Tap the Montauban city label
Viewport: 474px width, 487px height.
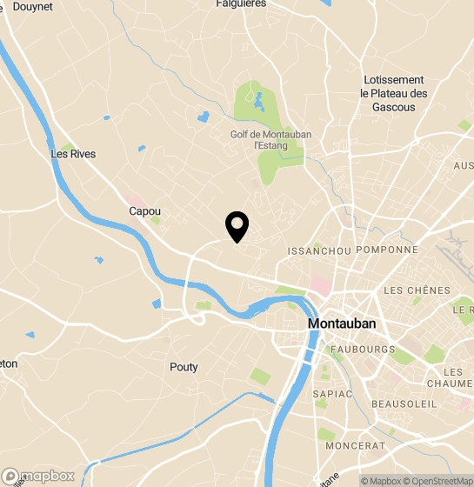tap(343, 324)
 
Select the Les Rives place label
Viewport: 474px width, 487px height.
tap(73, 154)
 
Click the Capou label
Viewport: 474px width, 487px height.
tap(144, 211)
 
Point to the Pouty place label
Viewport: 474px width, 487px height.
tap(184, 367)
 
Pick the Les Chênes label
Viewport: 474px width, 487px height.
tap(417, 290)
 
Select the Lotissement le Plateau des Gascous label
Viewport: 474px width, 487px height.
tap(395, 93)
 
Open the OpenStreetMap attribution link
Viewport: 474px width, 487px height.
tap(438, 481)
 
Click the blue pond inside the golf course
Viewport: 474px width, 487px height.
tap(259, 107)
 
